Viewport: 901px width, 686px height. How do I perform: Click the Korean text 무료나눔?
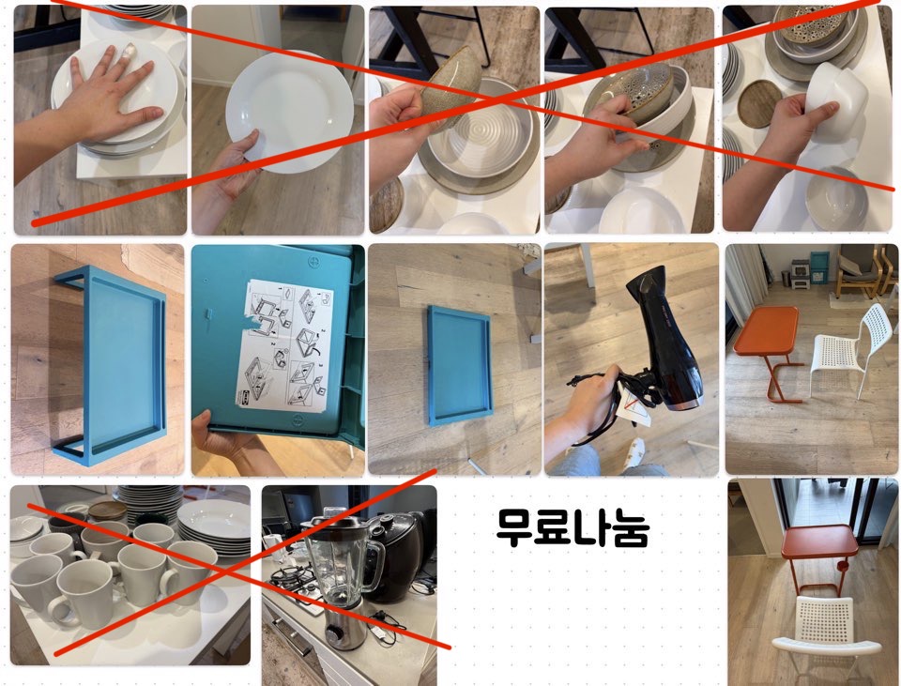click(573, 527)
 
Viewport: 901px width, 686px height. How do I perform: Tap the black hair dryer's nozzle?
click(644, 288)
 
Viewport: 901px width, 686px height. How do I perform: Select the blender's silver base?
click(344, 622)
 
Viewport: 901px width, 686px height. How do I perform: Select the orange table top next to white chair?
click(767, 329)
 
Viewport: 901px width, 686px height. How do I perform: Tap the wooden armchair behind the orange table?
click(859, 270)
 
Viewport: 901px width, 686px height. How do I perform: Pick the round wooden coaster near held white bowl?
click(757, 103)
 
